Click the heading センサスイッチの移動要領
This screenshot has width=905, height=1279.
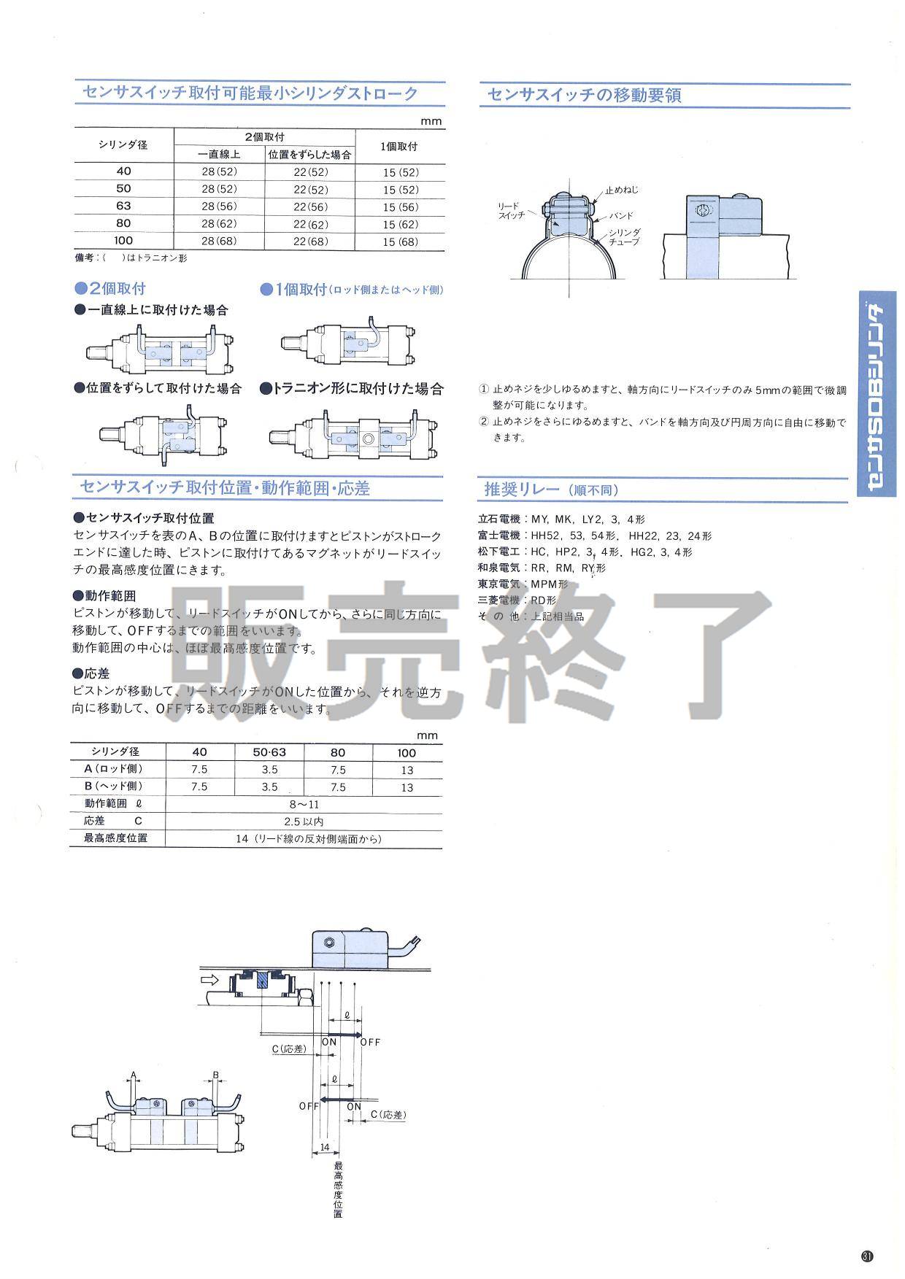click(584, 95)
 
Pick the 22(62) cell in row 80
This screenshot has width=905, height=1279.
click(311, 224)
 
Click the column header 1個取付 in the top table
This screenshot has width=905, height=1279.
click(399, 146)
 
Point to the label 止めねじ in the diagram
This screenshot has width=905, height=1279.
click(621, 190)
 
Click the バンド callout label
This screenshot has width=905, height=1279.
click(620, 216)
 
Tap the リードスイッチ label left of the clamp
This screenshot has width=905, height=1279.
click(511, 211)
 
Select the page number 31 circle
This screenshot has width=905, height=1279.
click(867, 1256)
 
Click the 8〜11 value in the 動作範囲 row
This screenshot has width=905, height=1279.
click(304, 804)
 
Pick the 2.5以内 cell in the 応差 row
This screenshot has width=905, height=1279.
click(304, 822)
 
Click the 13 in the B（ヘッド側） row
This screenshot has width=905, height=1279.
click(407, 787)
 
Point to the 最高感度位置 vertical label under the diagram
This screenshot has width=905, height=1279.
click(337, 1188)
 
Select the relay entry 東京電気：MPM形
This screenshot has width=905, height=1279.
click(523, 584)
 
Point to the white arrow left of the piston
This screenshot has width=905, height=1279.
click(208, 975)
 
